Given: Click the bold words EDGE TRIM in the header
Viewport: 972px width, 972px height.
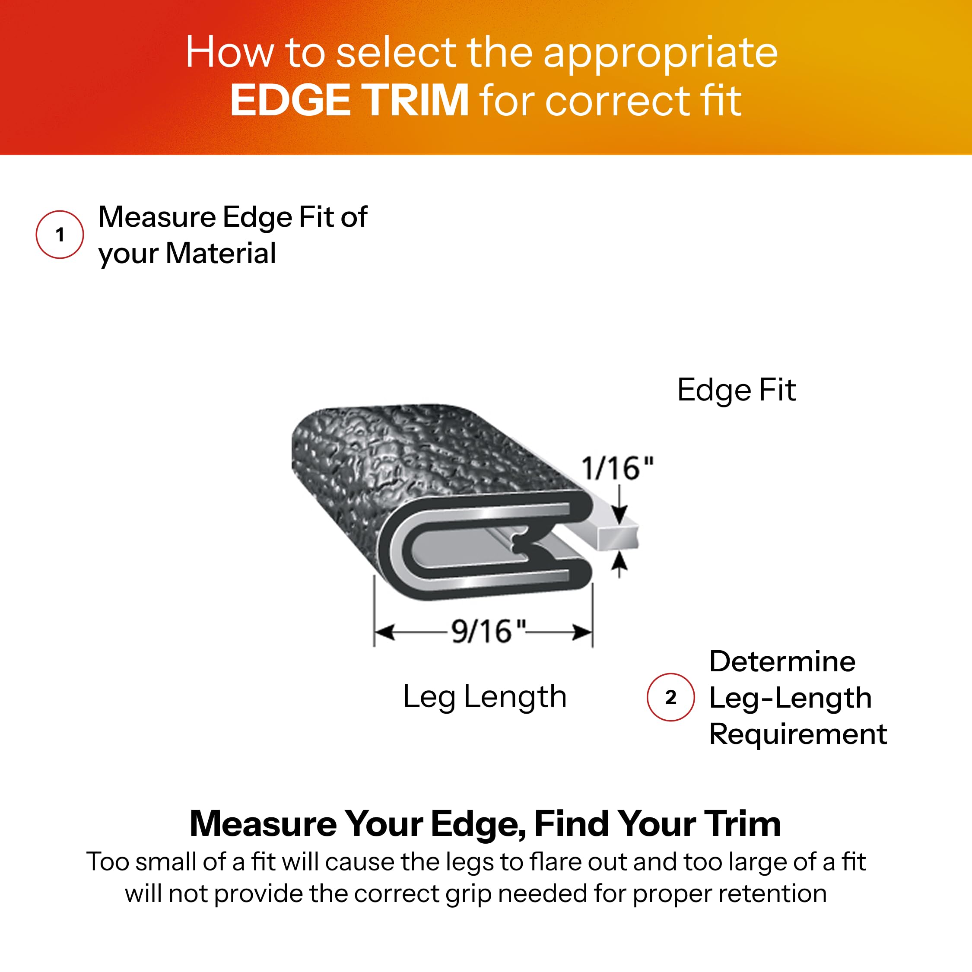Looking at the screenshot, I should pyautogui.click(x=349, y=100).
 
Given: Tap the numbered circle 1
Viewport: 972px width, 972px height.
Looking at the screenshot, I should pyautogui.click(x=60, y=235).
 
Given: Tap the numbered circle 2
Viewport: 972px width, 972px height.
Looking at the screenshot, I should pyautogui.click(x=670, y=697).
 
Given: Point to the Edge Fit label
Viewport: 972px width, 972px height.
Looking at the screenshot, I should pyautogui.click(x=736, y=390).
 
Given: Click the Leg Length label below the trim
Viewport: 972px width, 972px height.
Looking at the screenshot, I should pyautogui.click(x=485, y=697).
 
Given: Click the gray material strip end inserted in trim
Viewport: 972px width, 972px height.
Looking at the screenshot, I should pyautogui.click(x=618, y=538).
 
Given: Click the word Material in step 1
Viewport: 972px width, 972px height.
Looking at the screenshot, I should pyautogui.click(x=220, y=253).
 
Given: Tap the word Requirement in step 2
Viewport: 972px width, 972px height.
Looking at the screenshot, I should pyautogui.click(x=798, y=734).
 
